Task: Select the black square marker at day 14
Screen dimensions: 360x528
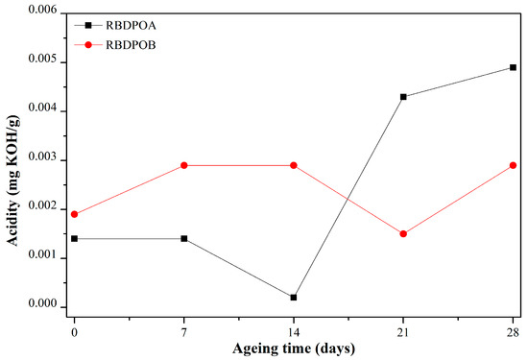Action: pyautogui.click(x=294, y=298)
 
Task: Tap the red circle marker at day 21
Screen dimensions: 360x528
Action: pyautogui.click(x=403, y=233)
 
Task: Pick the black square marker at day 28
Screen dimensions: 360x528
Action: pyautogui.click(x=514, y=67)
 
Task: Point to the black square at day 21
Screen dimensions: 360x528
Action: pyautogui.click(x=403, y=97)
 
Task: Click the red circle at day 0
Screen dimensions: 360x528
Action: pyautogui.click(x=74, y=214)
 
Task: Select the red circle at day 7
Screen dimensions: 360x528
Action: pyautogui.click(x=184, y=165)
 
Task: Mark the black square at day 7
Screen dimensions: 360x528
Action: pyautogui.click(x=184, y=238)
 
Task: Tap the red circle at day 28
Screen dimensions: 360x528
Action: pyautogui.click(x=514, y=165)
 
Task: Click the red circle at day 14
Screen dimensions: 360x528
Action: pyautogui.click(x=294, y=165)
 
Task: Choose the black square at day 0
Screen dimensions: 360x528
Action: pyautogui.click(x=74, y=238)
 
